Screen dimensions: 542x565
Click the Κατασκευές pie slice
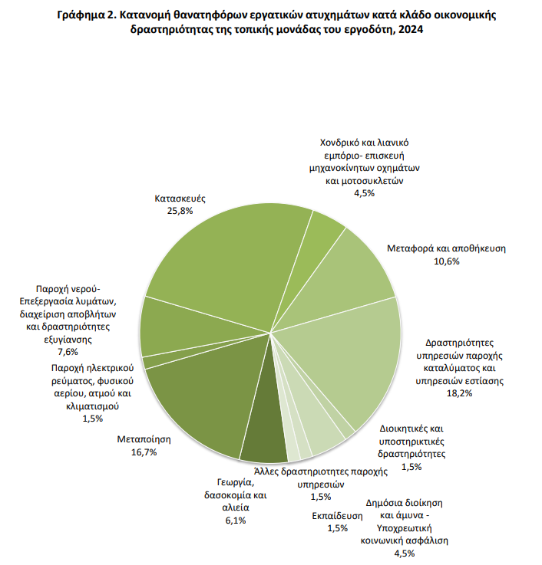223,259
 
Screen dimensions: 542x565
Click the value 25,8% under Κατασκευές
180,211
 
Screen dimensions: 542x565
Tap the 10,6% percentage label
446,261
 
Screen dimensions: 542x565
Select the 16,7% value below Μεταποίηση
144,452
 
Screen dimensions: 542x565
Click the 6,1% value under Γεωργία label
236,521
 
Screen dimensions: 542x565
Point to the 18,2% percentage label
459,393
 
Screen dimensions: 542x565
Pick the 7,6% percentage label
68,352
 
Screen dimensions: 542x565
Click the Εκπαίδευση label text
337,516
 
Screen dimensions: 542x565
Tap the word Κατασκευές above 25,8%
180,199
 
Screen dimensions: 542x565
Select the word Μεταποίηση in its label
144,439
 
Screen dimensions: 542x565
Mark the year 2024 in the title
411,29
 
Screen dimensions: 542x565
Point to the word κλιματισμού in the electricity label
92,406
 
